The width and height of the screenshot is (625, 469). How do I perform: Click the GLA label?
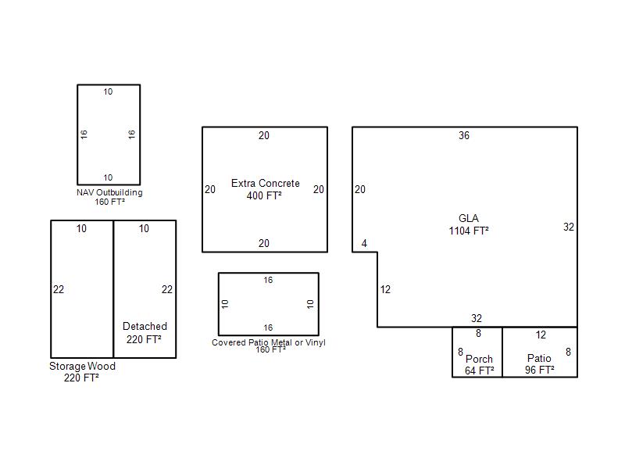(x=468, y=219)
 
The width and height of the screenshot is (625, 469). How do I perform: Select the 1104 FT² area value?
(x=469, y=231)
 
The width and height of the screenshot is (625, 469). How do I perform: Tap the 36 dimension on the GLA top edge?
(x=464, y=135)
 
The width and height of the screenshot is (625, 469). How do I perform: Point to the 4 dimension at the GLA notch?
(x=364, y=243)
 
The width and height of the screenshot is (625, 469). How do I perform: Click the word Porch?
(x=479, y=359)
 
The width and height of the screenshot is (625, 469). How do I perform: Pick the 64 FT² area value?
(x=480, y=371)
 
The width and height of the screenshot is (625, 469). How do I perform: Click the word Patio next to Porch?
(x=539, y=358)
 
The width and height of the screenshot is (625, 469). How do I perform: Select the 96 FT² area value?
(x=540, y=370)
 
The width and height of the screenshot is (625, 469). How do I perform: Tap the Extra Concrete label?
(x=266, y=184)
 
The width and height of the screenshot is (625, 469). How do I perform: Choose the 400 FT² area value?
(x=264, y=196)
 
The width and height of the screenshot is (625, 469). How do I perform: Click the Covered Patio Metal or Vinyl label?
(x=269, y=342)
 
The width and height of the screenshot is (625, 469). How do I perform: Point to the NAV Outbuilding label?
(x=109, y=192)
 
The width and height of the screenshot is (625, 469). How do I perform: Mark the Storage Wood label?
(x=82, y=366)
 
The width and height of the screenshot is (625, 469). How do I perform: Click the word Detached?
(x=145, y=326)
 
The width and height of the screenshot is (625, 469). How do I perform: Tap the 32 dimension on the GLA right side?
(x=569, y=227)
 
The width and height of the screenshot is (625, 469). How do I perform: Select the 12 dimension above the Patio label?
(x=541, y=335)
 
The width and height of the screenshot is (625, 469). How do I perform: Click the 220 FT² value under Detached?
(x=144, y=339)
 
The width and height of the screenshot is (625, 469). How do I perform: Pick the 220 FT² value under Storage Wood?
(x=81, y=378)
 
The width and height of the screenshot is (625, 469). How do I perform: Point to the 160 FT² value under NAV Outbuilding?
(x=109, y=202)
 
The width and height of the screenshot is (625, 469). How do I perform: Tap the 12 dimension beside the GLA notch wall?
(x=385, y=289)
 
